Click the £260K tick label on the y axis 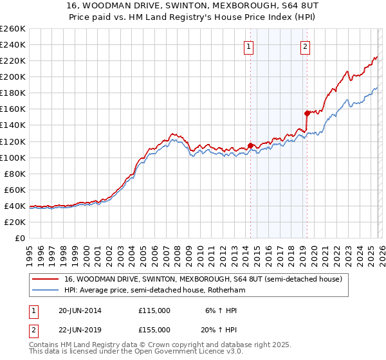[13, 29]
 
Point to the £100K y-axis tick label [13, 157]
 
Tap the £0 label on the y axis [20, 238]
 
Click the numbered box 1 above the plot [248, 46]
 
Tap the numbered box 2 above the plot [305, 46]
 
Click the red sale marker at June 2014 [250, 145]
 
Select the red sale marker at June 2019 [307, 113]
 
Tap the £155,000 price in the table [154, 329]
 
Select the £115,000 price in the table [154, 310]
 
